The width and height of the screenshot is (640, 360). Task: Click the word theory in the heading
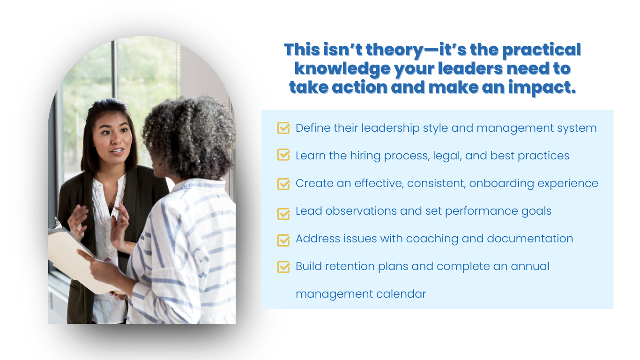tap(394, 50)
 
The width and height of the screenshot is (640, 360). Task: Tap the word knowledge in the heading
tap(342, 68)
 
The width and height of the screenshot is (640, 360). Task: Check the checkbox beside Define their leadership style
tap(283, 128)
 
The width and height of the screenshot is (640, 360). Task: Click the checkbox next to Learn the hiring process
tap(283, 155)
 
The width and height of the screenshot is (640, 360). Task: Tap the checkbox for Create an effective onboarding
tap(283, 184)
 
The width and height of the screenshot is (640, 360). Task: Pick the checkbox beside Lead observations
tap(283, 214)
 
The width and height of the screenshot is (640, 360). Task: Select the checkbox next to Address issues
tap(283, 240)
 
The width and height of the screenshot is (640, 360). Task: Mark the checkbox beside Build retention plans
tap(283, 267)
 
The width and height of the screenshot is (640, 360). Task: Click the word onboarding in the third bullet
tap(501, 184)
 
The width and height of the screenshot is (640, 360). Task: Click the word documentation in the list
tap(530, 239)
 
